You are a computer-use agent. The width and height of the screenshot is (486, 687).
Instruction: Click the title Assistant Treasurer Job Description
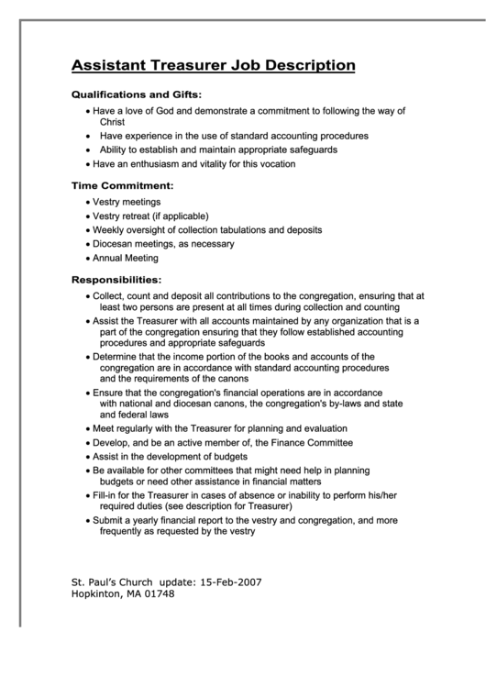(x=213, y=65)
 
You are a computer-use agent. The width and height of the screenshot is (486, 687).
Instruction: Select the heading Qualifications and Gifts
(x=137, y=94)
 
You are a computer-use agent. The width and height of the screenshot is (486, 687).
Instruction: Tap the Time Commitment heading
(x=122, y=185)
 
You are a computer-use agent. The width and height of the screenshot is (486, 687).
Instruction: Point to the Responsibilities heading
(x=116, y=279)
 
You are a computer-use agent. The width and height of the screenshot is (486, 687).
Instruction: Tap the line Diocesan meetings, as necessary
(x=163, y=244)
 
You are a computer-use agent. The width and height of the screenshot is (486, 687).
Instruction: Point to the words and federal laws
(x=134, y=414)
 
